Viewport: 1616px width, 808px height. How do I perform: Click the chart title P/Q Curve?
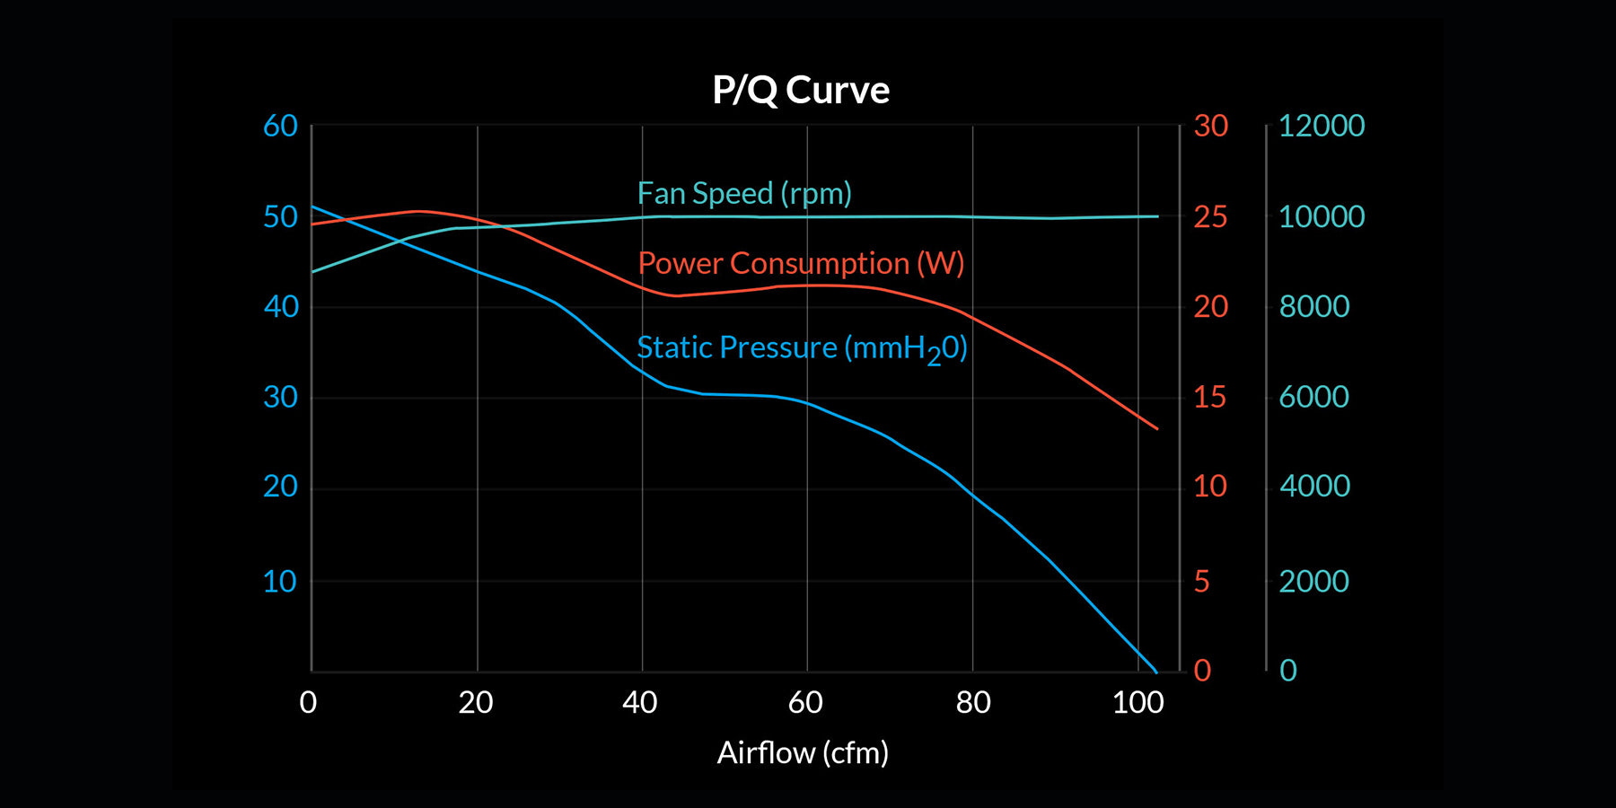[x=801, y=91]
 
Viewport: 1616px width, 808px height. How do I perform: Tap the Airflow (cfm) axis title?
[x=803, y=752]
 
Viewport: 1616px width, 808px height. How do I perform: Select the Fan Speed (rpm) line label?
[x=744, y=194]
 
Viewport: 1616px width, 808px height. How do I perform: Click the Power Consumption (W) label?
[x=801, y=263]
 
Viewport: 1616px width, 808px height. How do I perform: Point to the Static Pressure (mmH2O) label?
[x=802, y=348]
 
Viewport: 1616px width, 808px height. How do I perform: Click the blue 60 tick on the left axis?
[x=280, y=127]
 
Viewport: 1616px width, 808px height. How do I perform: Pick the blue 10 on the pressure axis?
[x=280, y=582]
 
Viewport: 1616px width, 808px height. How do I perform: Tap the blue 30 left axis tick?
[x=280, y=397]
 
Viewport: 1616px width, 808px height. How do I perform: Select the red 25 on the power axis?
[x=1210, y=217]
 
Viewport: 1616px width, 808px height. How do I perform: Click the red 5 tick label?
[x=1202, y=582]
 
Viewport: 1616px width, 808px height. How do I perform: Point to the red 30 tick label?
[x=1210, y=127]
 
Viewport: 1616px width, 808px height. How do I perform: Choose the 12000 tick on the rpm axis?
[x=1321, y=127]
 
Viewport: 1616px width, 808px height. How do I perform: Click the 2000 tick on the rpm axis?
[x=1313, y=582]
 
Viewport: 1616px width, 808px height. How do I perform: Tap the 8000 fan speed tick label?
[x=1313, y=307]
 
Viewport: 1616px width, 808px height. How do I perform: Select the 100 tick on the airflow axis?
[x=1137, y=702]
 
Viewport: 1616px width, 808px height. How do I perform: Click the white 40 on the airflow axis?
[x=640, y=702]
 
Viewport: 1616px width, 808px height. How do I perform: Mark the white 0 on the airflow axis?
[x=308, y=702]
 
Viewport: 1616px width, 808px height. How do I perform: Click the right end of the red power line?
[x=1157, y=428]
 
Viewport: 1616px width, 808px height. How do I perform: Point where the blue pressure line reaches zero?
[x=1155, y=671]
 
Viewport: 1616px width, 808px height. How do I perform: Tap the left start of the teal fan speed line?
[x=313, y=271]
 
